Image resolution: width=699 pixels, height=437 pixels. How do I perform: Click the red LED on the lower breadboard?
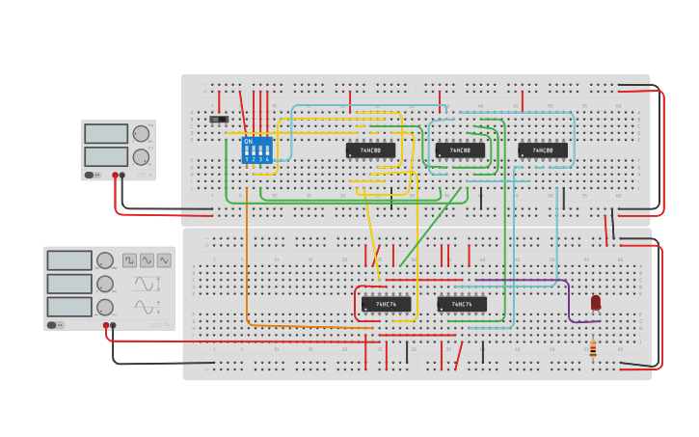coord(595,302)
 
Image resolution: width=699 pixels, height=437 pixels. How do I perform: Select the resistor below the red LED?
coord(593,348)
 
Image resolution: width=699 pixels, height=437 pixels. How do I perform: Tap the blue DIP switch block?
coord(256,150)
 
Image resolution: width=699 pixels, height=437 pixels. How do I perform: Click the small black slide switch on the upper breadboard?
coord(219,120)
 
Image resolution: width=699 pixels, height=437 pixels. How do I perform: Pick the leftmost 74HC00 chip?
coord(370,150)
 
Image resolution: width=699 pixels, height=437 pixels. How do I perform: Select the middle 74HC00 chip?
coord(460,150)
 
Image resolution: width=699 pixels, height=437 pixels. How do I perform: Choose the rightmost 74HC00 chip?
coord(543,150)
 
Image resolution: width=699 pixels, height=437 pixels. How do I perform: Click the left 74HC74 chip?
coord(386,304)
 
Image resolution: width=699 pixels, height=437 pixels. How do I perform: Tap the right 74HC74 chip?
coord(462,304)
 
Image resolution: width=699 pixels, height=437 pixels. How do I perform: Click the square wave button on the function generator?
coord(129,259)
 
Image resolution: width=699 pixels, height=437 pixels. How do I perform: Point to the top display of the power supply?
coord(105,133)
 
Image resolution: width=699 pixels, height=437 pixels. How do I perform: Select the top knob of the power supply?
coord(141,133)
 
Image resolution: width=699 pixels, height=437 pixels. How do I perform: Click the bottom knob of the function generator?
coord(105,307)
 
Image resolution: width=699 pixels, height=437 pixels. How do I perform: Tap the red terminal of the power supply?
coord(115,176)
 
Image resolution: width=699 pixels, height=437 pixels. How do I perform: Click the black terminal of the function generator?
coord(113,325)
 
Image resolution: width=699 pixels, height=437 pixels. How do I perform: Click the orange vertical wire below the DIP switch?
coord(247,251)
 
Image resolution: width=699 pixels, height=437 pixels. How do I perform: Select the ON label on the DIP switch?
coord(249,142)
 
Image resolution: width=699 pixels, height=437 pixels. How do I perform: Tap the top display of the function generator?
coord(69,260)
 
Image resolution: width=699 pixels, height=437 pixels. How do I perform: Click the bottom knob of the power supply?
coord(141,156)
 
